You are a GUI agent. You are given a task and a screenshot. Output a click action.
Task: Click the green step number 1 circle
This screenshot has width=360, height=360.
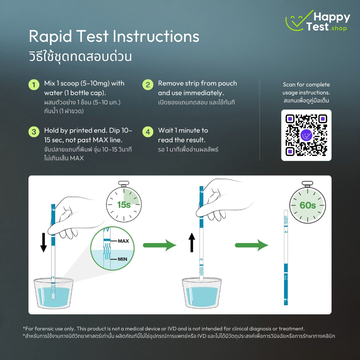tap(34, 85)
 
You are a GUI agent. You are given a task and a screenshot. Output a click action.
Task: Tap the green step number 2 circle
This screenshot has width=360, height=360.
tap(148, 85)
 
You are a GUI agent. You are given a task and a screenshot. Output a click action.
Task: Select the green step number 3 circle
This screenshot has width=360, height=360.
tap(34, 132)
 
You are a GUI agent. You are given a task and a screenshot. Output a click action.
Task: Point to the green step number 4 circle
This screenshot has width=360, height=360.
tap(148, 132)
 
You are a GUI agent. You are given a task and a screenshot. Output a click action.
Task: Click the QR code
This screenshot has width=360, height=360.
tap(306, 135)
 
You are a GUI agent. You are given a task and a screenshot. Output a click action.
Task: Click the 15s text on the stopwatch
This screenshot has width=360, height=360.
tap(124, 205)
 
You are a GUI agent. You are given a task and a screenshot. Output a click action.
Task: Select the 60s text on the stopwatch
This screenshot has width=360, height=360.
tap(308, 205)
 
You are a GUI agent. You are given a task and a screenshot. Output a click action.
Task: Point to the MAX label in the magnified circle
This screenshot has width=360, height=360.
tap(123, 241)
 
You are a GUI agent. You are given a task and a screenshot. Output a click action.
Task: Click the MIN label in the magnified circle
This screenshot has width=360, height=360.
tap(122, 259)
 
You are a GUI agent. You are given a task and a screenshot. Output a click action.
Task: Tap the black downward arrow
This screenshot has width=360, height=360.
tap(43, 243)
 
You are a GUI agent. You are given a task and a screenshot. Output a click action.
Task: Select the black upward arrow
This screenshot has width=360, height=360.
tap(192, 243)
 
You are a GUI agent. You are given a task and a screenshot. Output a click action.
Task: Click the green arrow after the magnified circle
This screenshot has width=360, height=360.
tap(160, 245)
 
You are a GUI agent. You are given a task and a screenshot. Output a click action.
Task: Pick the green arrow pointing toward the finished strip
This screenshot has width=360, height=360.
tap(252, 245)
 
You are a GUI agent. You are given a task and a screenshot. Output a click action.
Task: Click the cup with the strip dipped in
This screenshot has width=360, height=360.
tap(53, 294)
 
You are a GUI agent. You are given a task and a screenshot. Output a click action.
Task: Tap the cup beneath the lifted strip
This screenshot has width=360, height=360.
tap(201, 294)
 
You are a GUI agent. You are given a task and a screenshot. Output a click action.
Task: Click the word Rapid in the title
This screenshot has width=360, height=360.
tap(50, 36)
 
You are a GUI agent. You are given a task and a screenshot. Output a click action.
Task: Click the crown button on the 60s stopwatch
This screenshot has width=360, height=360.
tap(307, 184)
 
